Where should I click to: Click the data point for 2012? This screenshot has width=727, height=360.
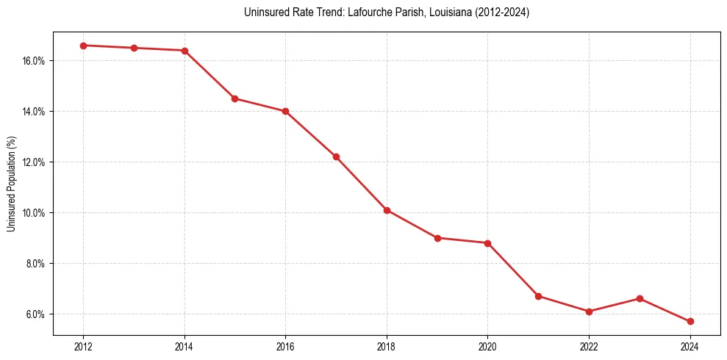[x=83, y=46]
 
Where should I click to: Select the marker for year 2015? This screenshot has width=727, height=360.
[x=234, y=98]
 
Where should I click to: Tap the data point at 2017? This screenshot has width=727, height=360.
[x=336, y=156]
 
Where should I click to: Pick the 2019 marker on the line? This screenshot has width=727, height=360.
[x=437, y=238]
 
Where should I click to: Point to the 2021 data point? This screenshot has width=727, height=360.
[x=538, y=296]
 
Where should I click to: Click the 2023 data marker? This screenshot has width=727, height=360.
[x=640, y=298]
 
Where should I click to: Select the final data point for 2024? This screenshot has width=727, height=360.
[x=690, y=322]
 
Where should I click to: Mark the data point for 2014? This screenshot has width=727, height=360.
[x=185, y=51]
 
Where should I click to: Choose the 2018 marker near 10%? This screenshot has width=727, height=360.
[x=387, y=210]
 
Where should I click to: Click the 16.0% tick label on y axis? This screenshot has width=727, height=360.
[x=34, y=61]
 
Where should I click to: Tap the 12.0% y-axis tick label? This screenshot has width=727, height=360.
[x=34, y=162]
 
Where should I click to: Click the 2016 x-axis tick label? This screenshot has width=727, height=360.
[x=285, y=347]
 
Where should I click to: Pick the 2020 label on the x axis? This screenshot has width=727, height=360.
[x=487, y=347]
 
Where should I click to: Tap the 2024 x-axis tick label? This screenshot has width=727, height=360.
[x=690, y=347]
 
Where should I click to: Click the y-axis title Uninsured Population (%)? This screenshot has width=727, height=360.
[x=11, y=184]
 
